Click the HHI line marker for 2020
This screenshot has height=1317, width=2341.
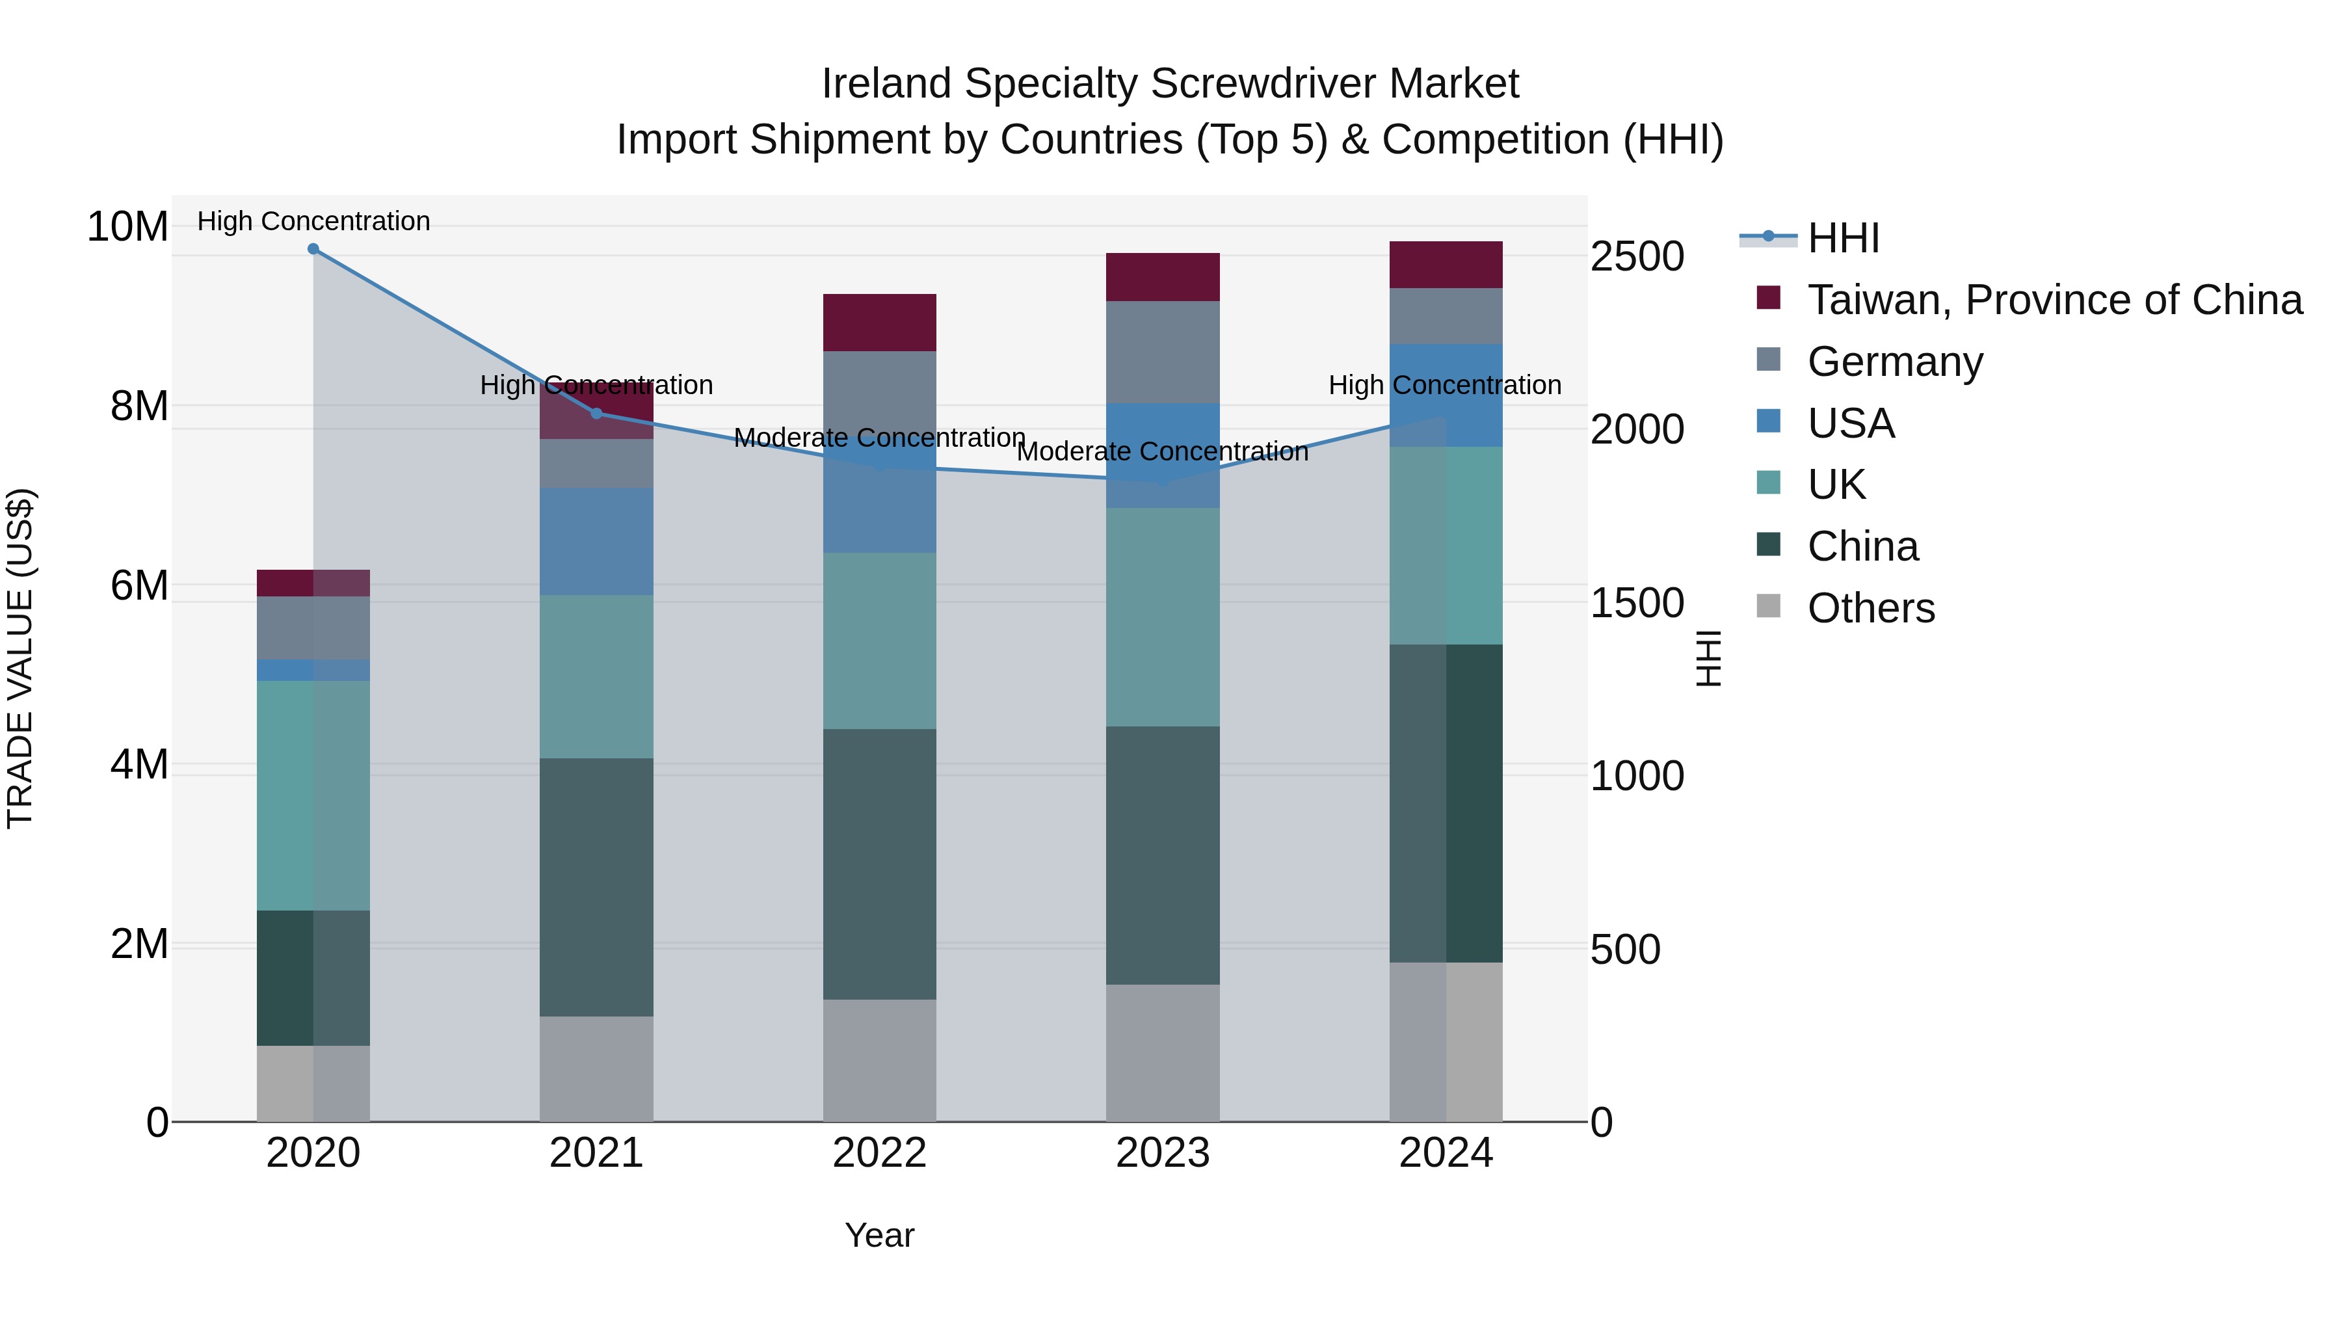click(x=313, y=249)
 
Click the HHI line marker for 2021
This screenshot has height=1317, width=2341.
click(x=597, y=414)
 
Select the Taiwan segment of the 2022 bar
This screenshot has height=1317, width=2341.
click(x=880, y=323)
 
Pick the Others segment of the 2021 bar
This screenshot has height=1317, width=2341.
click(x=597, y=1068)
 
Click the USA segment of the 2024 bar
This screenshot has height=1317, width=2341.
click(x=1446, y=395)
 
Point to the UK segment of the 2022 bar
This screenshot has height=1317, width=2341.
click(x=880, y=641)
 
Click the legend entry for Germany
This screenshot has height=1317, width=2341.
click(x=1895, y=362)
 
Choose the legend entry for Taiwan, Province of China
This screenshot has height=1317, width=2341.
click(x=2054, y=300)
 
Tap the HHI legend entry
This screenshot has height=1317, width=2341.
click(x=1843, y=238)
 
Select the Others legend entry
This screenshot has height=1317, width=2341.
click(x=1870, y=608)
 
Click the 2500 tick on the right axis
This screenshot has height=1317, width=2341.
click(x=1637, y=256)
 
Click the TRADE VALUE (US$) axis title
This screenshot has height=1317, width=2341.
click(x=20, y=658)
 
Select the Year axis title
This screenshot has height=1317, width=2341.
click(x=879, y=1235)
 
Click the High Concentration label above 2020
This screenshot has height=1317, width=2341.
click(x=313, y=221)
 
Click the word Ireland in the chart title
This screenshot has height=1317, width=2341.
click(x=887, y=84)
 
